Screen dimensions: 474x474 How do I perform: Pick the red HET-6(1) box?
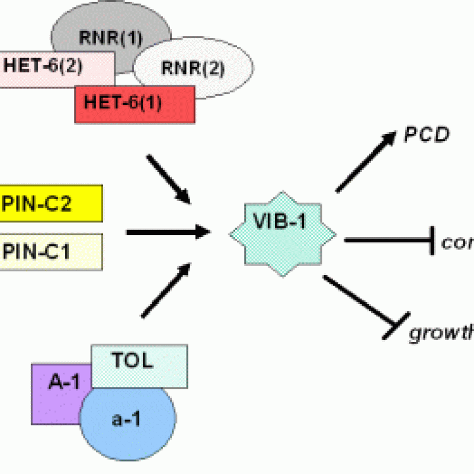coord(134,104)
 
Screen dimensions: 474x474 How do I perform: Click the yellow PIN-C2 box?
coord(50,203)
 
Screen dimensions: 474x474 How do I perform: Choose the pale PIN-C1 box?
coord(50,252)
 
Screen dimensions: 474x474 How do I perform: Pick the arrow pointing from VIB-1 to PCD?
coord(364,162)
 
